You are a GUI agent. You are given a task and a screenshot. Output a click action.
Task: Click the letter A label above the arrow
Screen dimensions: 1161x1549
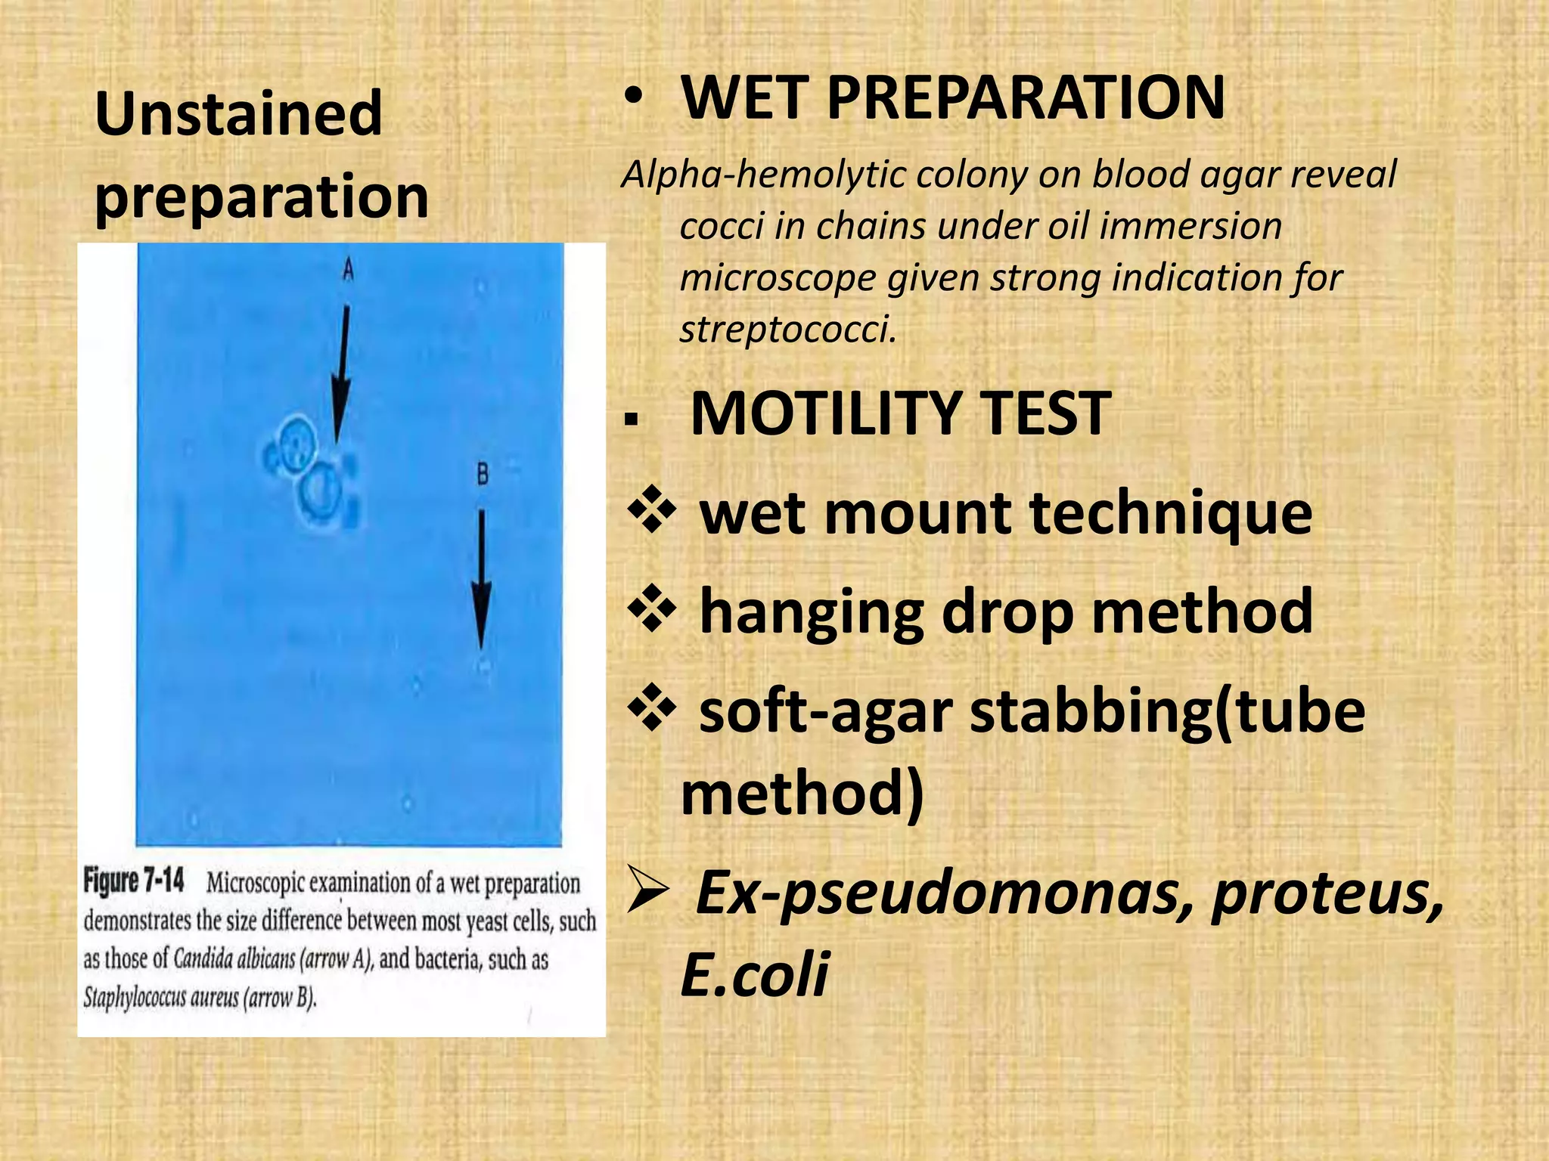point(348,269)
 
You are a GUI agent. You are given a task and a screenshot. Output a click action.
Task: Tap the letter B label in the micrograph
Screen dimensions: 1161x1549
point(483,475)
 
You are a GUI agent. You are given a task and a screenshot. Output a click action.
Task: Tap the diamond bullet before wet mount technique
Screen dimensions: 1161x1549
point(651,513)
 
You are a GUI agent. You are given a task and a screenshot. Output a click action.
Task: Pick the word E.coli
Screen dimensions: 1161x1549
point(754,975)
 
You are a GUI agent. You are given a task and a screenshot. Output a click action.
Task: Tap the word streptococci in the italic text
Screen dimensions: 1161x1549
point(787,330)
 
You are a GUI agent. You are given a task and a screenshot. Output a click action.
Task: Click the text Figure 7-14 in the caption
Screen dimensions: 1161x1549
point(134,881)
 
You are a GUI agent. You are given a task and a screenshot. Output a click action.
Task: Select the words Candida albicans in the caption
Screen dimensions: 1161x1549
point(234,960)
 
